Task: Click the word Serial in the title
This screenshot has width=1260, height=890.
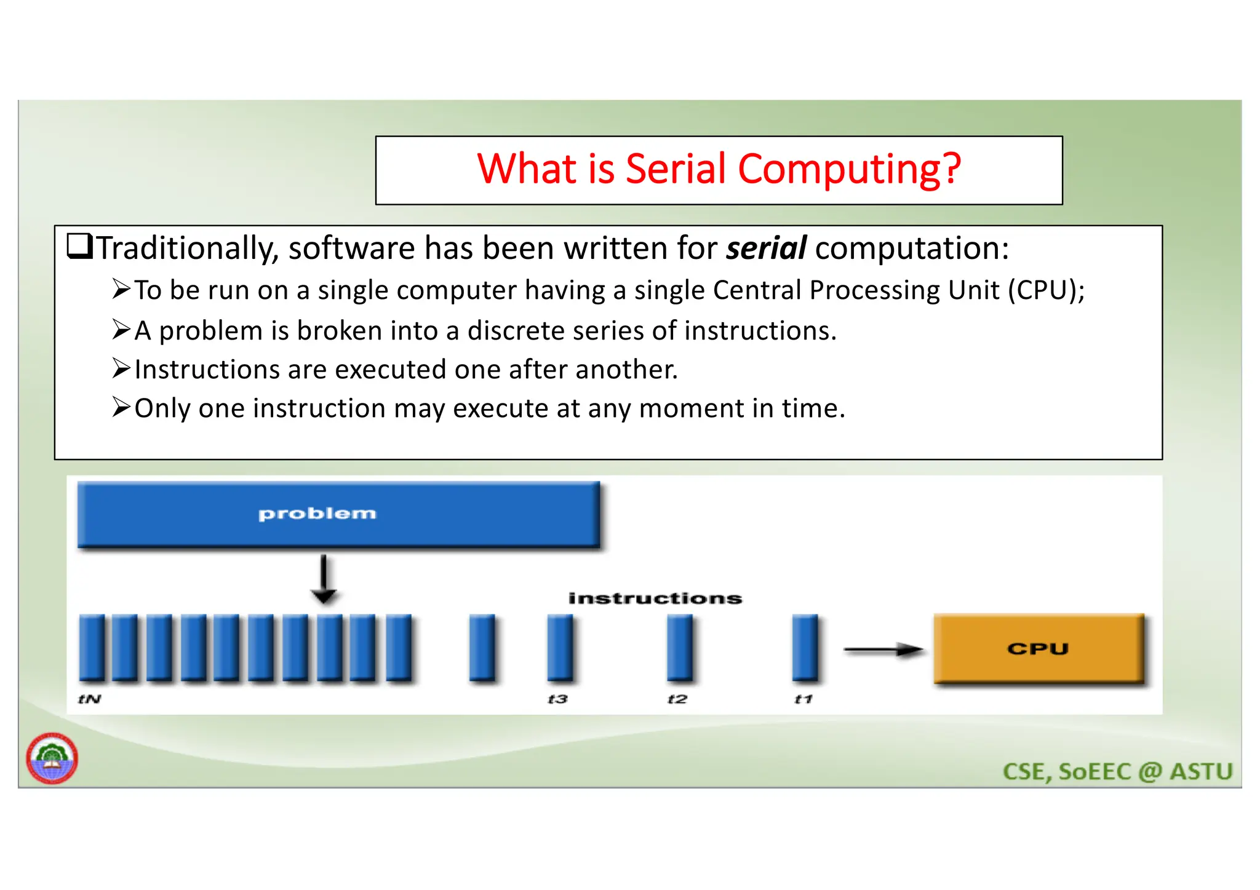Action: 676,169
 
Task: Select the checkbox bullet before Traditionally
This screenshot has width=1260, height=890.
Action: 80,247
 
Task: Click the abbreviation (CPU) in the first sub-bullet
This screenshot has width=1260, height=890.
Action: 1046,290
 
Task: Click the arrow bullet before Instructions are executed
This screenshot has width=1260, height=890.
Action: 121,368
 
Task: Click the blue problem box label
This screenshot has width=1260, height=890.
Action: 317,514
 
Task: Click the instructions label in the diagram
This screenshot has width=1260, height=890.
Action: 655,598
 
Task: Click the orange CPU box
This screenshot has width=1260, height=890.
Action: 1038,649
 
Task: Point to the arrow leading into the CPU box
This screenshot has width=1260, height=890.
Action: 883,650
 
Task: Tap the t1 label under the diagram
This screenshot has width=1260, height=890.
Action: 803,699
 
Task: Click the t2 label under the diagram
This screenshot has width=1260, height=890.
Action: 677,699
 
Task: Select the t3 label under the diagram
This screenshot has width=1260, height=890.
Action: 558,699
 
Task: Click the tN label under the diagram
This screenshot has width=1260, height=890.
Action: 90,699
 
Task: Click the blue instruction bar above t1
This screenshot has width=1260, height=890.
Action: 805,648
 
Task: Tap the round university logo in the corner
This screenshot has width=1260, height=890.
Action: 52,758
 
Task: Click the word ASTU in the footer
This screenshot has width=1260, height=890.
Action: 1200,772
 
